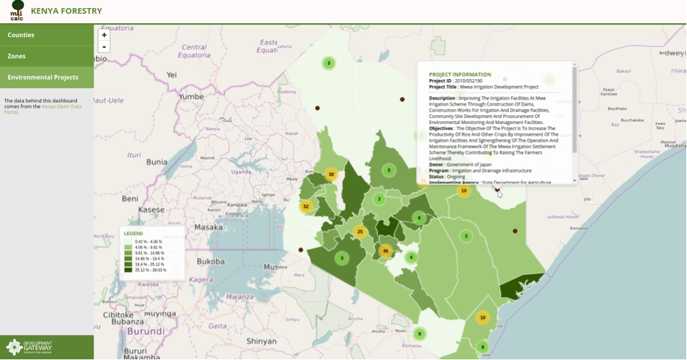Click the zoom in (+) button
point(104,35)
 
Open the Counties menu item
point(21,35)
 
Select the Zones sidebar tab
point(16,56)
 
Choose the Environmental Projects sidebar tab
point(43,77)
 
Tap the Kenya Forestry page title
point(66,11)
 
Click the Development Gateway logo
point(29,347)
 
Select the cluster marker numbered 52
point(306,207)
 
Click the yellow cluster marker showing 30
point(332,175)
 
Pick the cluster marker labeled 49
point(385,251)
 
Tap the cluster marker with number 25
point(360,232)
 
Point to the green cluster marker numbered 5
point(389,170)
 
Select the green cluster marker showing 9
point(420,334)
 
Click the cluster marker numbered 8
point(483,347)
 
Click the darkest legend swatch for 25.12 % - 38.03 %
point(128,270)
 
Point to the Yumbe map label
point(192,97)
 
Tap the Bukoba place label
point(210,261)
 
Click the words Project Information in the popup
point(460,74)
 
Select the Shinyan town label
point(262,341)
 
